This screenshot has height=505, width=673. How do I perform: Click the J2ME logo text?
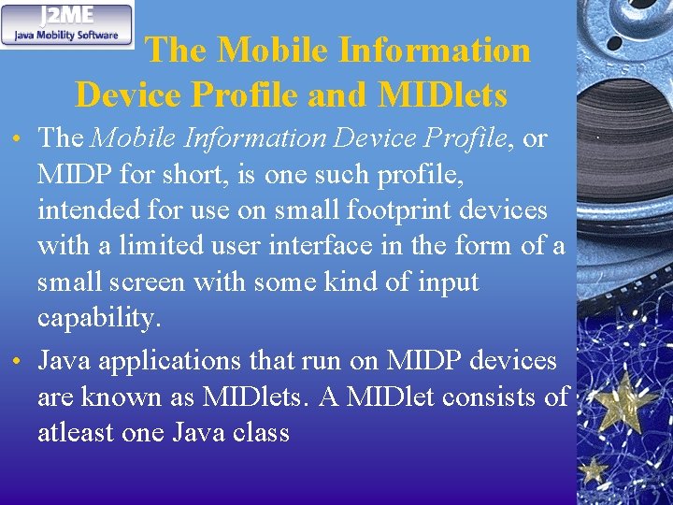66,15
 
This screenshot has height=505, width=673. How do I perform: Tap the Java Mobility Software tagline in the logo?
66,36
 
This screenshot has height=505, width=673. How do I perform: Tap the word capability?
99,318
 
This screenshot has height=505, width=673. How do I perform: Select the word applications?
172,361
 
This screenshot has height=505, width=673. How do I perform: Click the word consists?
486,397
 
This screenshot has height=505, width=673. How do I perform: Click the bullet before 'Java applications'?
22,361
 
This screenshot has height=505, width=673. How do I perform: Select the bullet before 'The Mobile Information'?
22,138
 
